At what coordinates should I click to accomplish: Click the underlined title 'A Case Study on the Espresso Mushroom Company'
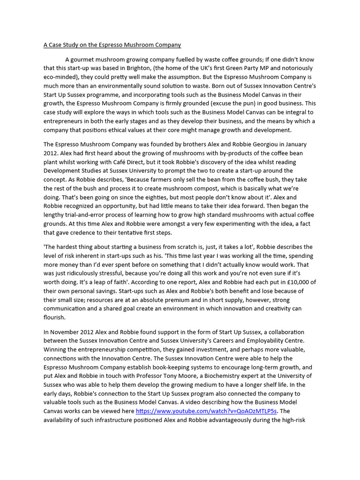click(x=112, y=45)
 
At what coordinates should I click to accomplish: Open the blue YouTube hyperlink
click(x=206, y=411)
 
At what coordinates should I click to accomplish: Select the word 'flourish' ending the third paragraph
click(x=54, y=317)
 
